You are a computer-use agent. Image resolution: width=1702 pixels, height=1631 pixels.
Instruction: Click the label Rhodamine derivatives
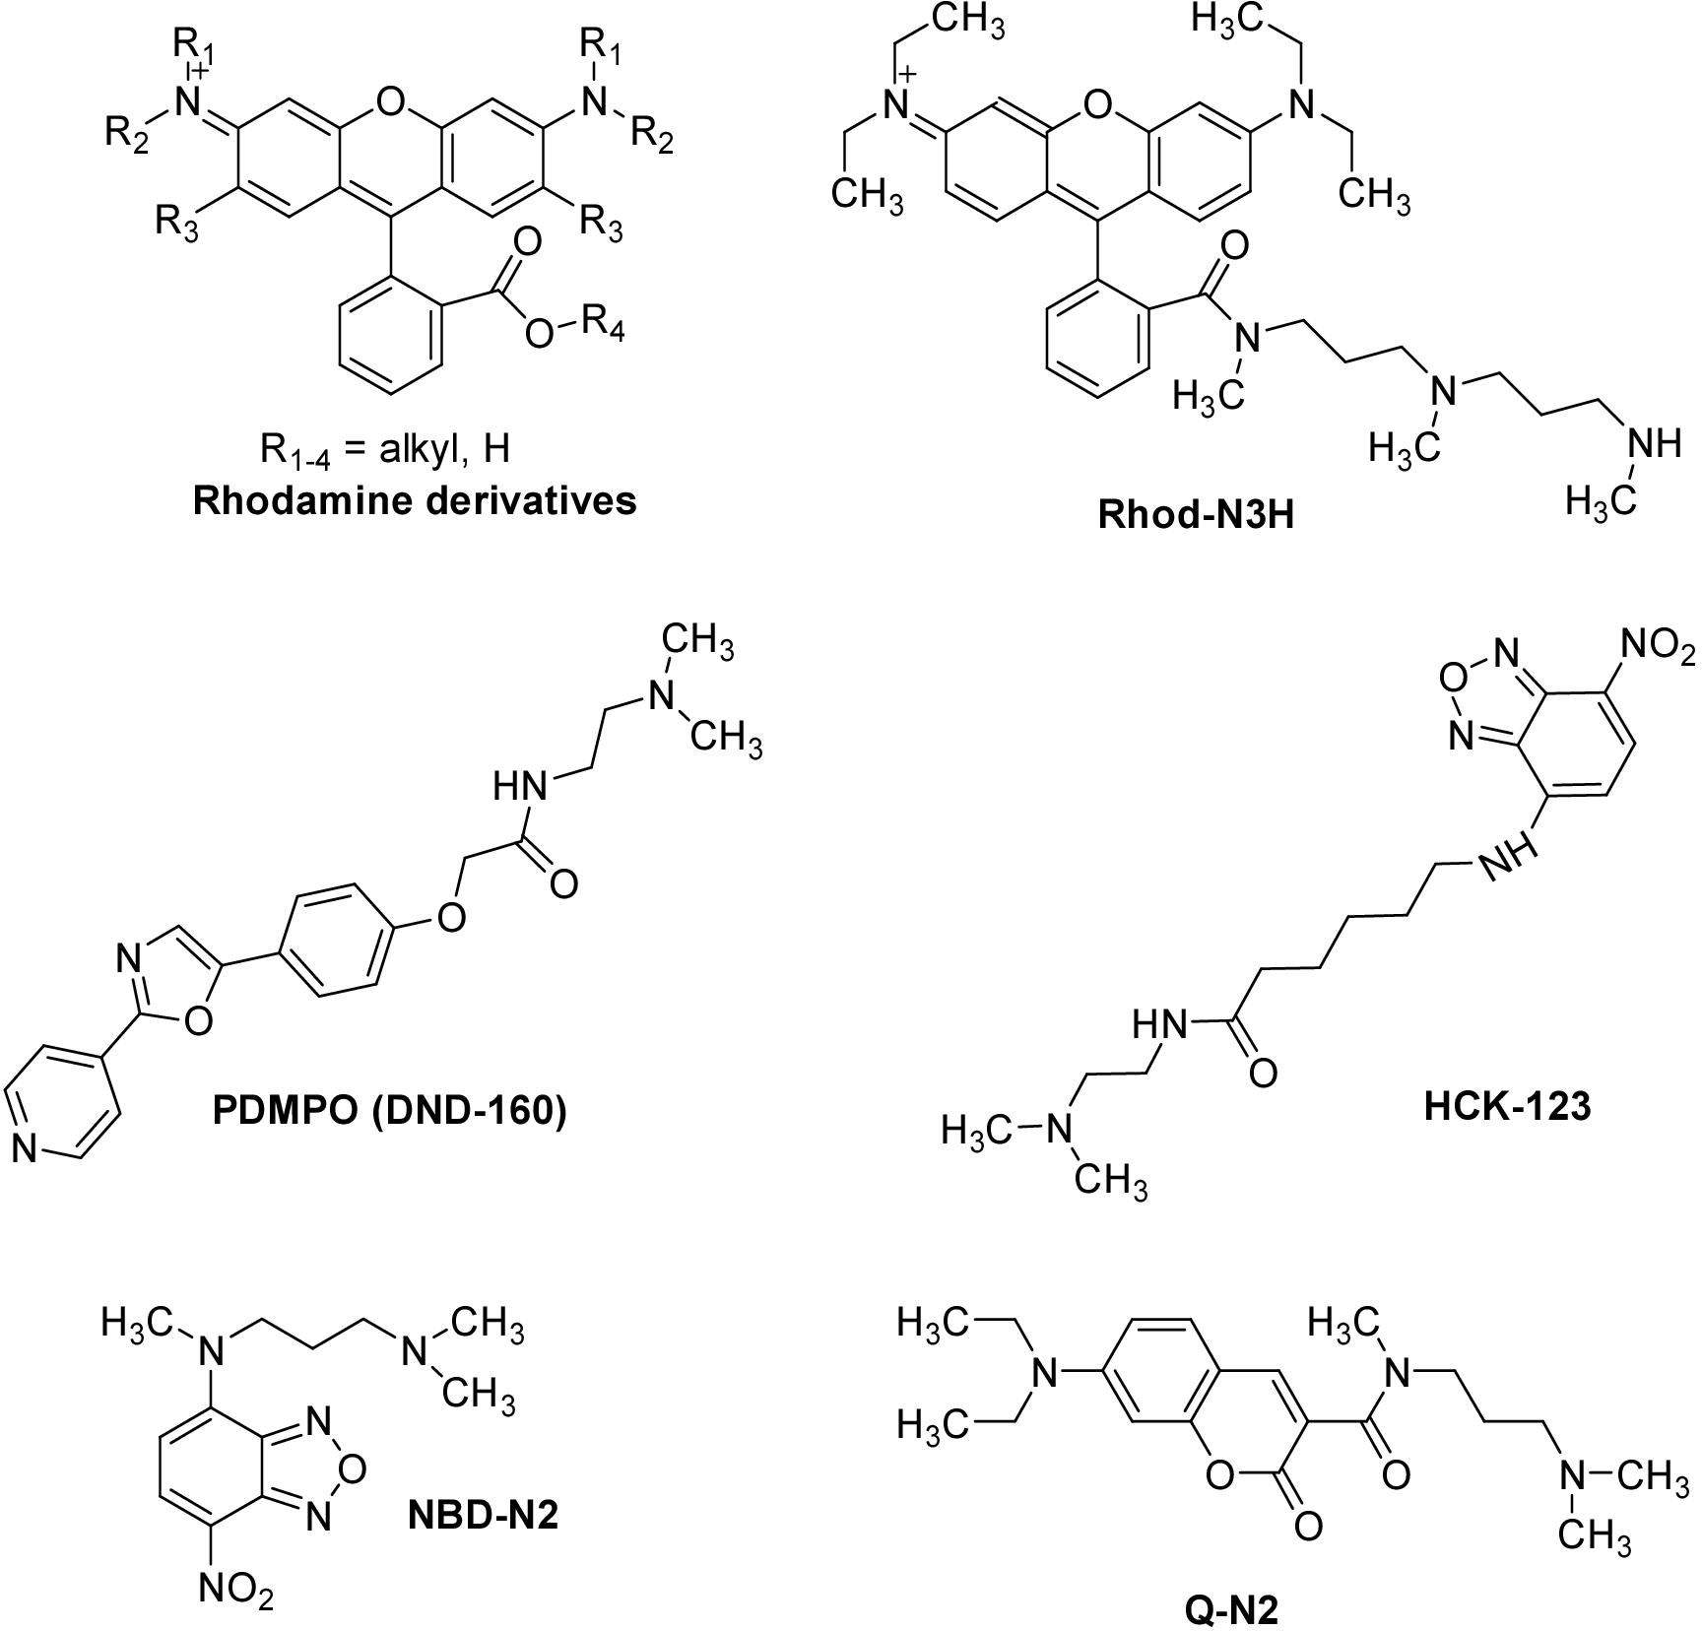click(x=414, y=500)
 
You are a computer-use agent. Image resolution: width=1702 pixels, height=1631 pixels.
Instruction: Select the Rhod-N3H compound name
click(x=1196, y=515)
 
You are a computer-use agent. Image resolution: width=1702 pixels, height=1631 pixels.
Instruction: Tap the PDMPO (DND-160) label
click(x=390, y=1110)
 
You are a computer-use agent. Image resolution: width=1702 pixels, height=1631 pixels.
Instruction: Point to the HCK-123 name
click(x=1507, y=1106)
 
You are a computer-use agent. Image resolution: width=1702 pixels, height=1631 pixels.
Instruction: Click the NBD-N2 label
click(x=483, y=1514)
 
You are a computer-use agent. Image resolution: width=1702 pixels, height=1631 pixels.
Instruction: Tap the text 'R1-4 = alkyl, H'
click(x=385, y=451)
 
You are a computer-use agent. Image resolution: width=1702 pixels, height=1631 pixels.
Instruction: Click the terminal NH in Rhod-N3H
click(x=1654, y=445)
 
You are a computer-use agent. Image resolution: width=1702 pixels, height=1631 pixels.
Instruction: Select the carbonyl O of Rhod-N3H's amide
click(x=1233, y=246)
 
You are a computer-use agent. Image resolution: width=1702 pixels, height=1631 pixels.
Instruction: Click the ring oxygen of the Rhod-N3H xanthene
click(x=1096, y=102)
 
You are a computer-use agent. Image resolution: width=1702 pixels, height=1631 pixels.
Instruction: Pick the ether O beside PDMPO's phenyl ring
click(x=450, y=917)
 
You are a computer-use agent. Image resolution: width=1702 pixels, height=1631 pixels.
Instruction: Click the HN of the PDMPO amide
click(x=519, y=787)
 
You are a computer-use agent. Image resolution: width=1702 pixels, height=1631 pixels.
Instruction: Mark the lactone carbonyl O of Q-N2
click(x=1308, y=1527)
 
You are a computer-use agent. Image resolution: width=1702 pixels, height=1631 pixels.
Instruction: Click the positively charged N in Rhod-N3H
click(x=894, y=106)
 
